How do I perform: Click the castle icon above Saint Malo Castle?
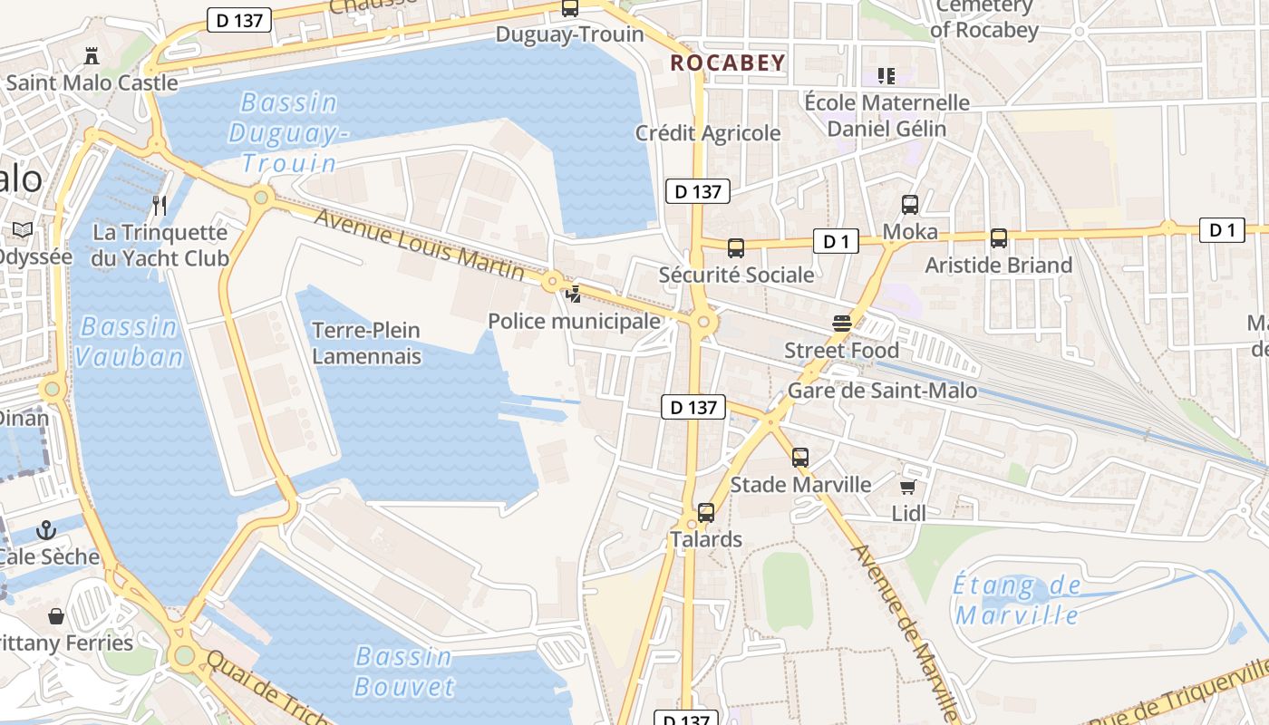click(91, 56)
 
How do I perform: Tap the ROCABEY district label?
click(727, 63)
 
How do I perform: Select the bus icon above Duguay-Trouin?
click(569, 9)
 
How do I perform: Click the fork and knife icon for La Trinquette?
click(160, 205)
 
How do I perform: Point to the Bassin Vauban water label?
click(128, 342)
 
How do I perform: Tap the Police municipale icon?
click(574, 294)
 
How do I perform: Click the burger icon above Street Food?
click(841, 323)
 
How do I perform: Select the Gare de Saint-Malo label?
click(882, 391)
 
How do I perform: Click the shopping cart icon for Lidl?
click(908, 486)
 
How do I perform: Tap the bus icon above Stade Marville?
click(799, 458)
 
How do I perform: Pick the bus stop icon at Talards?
click(706, 513)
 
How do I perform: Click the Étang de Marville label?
click(1017, 600)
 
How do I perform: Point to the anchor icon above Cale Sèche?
click(46, 529)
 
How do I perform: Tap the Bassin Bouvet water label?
click(404, 671)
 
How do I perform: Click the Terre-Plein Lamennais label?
click(366, 343)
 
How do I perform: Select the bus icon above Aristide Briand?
click(998, 238)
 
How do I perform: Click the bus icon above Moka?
click(910, 205)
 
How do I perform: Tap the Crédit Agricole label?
click(707, 133)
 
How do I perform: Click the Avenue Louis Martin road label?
click(419, 244)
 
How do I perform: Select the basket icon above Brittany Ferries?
click(56, 616)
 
